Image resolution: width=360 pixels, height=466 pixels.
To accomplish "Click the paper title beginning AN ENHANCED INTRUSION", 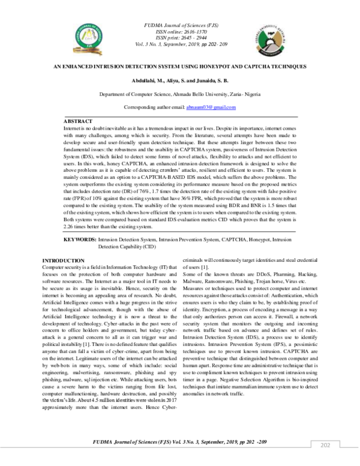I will click(x=179, y=65).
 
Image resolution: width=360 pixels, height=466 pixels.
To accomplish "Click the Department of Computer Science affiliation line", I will click(x=179, y=94).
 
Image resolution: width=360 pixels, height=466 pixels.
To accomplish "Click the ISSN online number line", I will click(x=180, y=29).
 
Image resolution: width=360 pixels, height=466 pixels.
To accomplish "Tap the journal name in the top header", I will click(x=180, y=23).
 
